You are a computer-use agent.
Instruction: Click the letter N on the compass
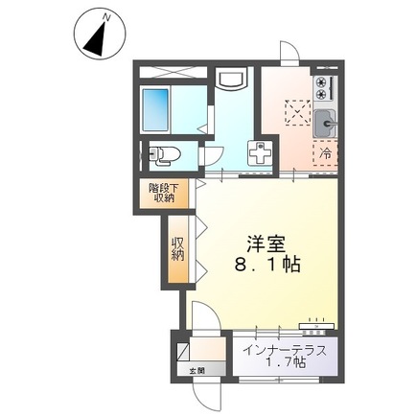click(x=106, y=18)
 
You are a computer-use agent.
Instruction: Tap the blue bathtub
click(x=155, y=109)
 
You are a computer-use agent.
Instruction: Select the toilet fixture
click(x=162, y=155)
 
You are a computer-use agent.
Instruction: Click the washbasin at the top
click(x=231, y=79)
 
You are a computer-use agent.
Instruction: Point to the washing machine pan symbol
click(x=260, y=152)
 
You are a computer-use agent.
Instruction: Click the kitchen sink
click(x=325, y=124)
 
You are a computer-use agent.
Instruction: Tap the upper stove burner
click(x=321, y=82)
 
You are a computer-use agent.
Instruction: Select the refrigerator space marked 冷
click(x=325, y=153)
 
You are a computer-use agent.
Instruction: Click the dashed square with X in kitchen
click(x=297, y=112)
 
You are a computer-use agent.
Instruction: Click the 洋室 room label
click(x=266, y=245)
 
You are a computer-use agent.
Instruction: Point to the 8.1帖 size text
click(x=267, y=265)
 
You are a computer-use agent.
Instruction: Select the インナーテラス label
click(x=285, y=351)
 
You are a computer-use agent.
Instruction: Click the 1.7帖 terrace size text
click(x=286, y=363)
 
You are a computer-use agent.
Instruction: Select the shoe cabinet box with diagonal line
click(x=183, y=351)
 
